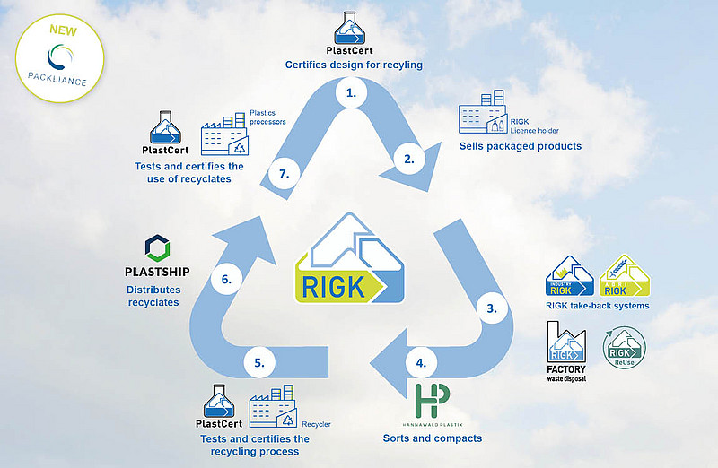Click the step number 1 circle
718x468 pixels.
click(x=351, y=91)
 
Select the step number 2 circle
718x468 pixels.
click(x=409, y=160)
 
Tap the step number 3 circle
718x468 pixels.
click(x=491, y=308)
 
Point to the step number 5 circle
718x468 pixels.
click(x=259, y=363)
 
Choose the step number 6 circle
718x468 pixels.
click(x=226, y=280)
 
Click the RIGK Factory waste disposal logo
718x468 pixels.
click(x=566, y=352)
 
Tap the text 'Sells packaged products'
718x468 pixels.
click(x=520, y=145)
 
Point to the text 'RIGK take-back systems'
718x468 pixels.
click(x=597, y=306)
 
